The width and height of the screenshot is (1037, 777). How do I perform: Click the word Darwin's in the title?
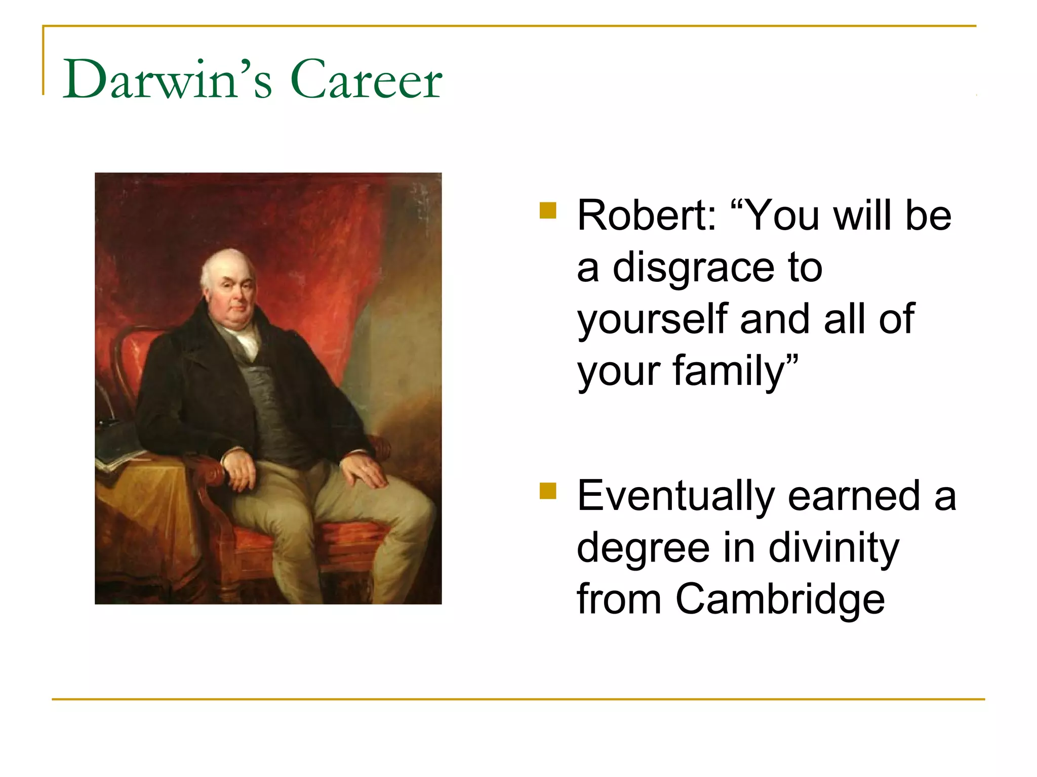[167, 80]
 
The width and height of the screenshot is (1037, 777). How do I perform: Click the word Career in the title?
[366, 80]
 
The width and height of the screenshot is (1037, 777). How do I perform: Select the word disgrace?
[694, 268]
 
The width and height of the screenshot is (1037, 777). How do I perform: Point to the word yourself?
[652, 320]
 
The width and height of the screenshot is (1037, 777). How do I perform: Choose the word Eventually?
[676, 497]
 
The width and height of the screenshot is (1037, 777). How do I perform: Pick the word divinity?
[833, 549]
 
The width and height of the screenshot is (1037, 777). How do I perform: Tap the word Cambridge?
[780, 600]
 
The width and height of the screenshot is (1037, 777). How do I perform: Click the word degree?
[643, 549]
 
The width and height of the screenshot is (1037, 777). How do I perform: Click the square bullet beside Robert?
[548, 210]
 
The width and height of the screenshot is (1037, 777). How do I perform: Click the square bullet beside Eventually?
[548, 491]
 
